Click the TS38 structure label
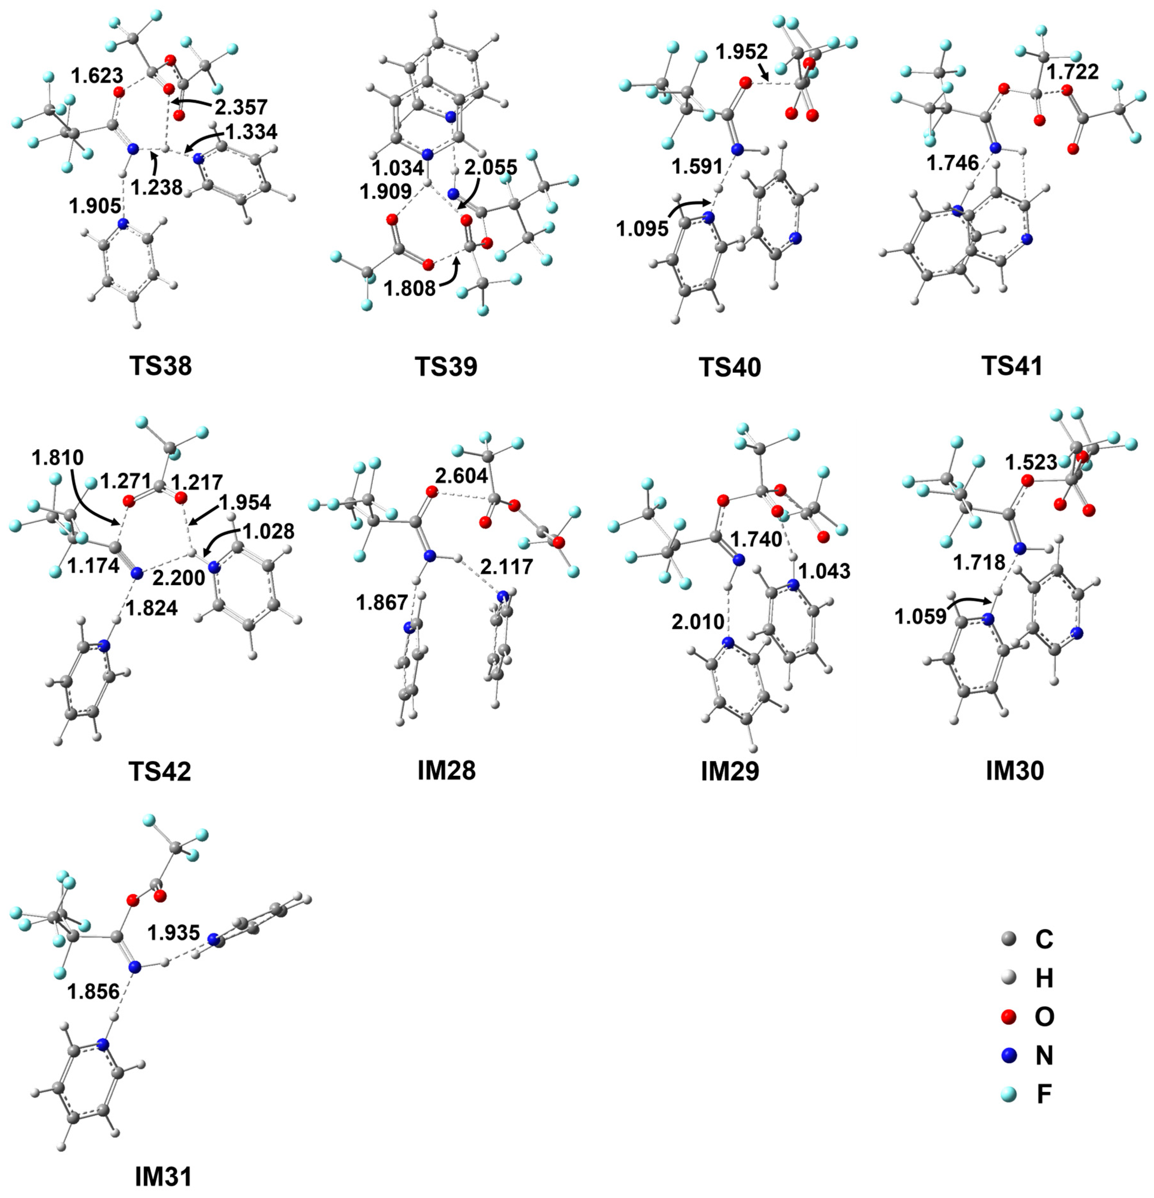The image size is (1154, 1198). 160,366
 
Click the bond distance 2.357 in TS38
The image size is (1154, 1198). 241,107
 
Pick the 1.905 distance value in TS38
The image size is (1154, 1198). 95,206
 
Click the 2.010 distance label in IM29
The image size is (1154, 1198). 698,622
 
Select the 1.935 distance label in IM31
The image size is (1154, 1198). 174,932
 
